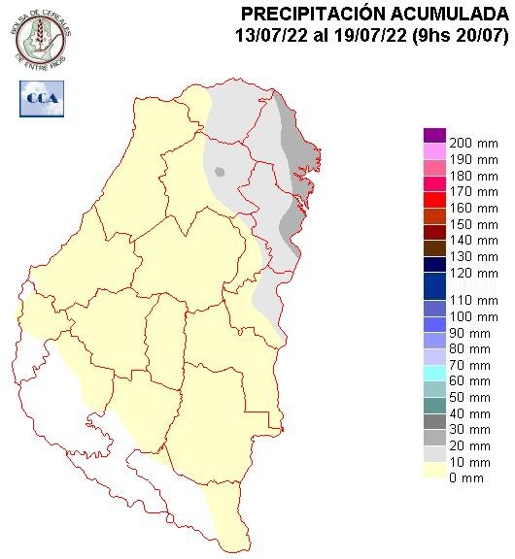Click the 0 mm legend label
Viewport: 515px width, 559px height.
pos(472,477)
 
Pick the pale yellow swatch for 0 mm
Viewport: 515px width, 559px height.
pos(434,471)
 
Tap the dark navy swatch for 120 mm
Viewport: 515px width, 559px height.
pos(434,264)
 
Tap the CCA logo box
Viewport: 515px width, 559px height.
pos(42,98)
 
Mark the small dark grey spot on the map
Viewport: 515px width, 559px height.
pos(221,173)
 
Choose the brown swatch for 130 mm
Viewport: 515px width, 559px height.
pos(434,247)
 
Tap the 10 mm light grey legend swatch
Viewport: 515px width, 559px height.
pos(434,454)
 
